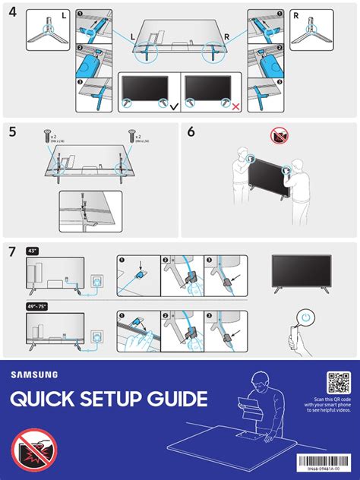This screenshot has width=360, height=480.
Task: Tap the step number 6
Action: [x=191, y=131]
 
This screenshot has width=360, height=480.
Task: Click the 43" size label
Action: [x=33, y=249]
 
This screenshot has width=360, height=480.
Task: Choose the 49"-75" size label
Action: [x=36, y=306]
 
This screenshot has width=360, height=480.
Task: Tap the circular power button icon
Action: [x=305, y=317]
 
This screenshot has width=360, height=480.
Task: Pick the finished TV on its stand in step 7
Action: [x=301, y=270]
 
